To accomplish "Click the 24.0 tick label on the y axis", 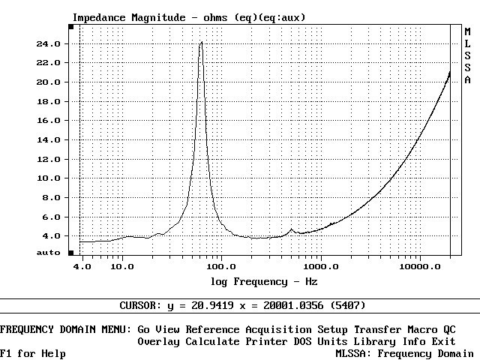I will tap(49, 43).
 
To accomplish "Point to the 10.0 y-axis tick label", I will tap(49, 178).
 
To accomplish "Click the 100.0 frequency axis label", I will tap(221, 266).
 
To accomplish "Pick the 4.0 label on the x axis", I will tap(82, 266).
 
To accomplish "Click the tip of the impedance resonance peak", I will tap(201, 43).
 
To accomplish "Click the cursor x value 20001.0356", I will tap(293, 306).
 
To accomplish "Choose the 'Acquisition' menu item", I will tap(278, 330).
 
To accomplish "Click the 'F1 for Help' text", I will tap(33, 354).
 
